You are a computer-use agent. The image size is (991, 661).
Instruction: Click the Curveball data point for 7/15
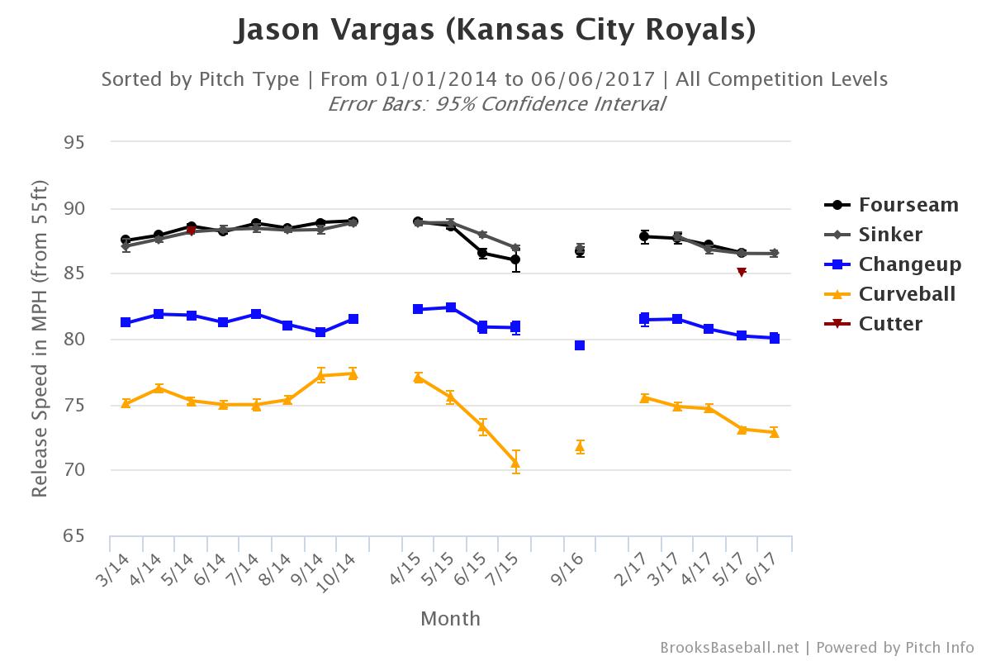pos(515,464)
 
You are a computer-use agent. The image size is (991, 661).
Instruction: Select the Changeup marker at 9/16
pos(580,345)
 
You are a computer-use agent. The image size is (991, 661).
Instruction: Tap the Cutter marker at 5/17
pos(742,272)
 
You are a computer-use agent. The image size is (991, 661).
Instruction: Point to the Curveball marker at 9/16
pos(580,447)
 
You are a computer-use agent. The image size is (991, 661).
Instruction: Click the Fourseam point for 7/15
pos(515,259)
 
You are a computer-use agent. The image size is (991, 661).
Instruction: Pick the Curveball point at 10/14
pos(353,373)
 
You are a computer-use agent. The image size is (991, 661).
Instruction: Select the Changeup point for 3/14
pos(126,322)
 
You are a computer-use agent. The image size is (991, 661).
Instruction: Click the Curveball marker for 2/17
pos(644,397)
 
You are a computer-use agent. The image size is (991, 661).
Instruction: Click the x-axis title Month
pos(450,619)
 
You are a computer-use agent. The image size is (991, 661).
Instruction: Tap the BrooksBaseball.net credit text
pos(729,647)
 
